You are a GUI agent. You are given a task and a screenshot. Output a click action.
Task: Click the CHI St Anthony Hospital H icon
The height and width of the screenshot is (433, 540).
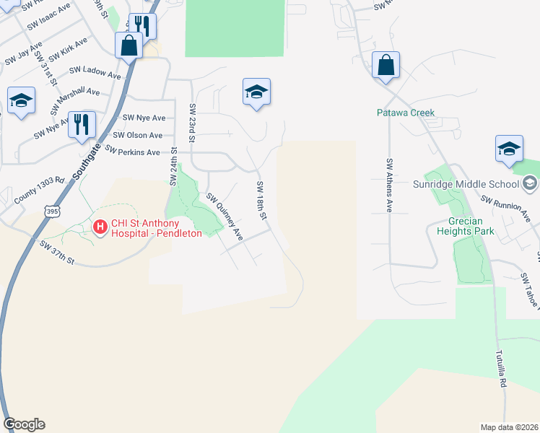[x=100, y=227]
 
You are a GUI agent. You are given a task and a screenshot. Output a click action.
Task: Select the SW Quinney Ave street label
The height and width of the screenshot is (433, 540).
[x=225, y=217]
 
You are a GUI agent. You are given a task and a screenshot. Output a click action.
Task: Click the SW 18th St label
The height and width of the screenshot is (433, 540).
[x=262, y=201]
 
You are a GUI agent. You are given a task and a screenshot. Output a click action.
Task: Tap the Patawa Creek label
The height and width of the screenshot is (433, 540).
[x=405, y=113]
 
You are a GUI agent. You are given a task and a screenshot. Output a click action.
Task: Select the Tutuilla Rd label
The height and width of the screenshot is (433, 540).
[x=500, y=372]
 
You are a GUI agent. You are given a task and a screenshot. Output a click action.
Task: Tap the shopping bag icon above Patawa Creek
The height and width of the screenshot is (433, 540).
[x=386, y=66]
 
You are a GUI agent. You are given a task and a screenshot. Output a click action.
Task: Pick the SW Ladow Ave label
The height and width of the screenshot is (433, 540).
[x=95, y=73]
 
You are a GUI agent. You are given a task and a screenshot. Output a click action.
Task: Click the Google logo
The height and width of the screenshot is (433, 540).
[x=24, y=424]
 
